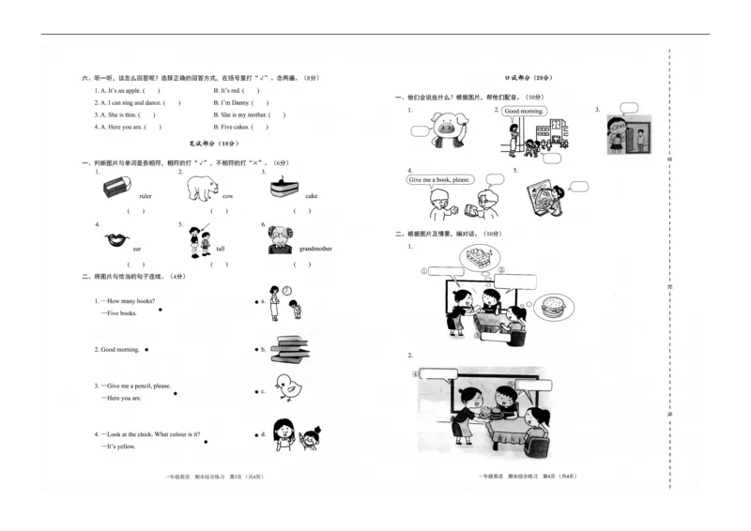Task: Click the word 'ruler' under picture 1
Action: (145, 196)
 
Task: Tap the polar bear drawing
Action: (202, 190)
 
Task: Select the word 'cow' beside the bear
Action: (228, 196)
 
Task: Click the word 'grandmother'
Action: (315, 249)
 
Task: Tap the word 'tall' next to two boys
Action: (221, 249)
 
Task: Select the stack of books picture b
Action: (290, 349)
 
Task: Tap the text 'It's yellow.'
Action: (122, 447)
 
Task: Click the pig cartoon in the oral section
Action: (443, 127)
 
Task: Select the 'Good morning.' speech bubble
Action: (524, 111)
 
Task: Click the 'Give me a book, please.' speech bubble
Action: (439, 179)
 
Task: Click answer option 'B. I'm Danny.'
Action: (233, 102)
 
